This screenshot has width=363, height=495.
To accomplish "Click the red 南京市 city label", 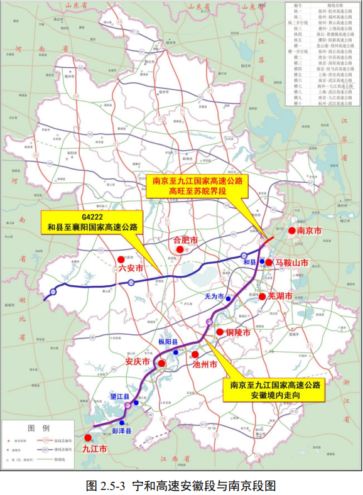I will click(310, 231).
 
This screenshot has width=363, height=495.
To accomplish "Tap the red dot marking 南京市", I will click(292, 231).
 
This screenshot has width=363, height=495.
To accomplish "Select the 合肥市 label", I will click(185, 240).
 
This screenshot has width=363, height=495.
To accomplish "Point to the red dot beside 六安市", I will click(121, 259).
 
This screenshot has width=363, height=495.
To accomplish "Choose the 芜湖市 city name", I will click(280, 296).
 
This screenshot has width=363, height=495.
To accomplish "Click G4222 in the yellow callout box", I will click(91, 215).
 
